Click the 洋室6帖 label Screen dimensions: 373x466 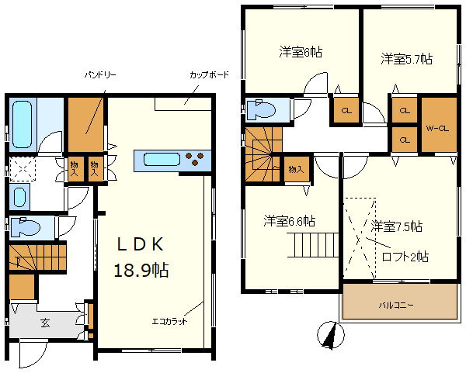[301, 53]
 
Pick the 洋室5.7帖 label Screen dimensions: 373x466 [406, 59]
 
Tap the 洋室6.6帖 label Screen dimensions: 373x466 [289, 220]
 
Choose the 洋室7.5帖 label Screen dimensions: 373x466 [396, 226]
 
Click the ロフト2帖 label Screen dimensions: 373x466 [405, 257]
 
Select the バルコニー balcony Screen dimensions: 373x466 [396, 306]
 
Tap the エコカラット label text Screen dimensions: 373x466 [169, 319]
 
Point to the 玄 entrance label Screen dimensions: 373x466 [44, 323]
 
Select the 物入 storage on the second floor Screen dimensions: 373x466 [295, 169]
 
